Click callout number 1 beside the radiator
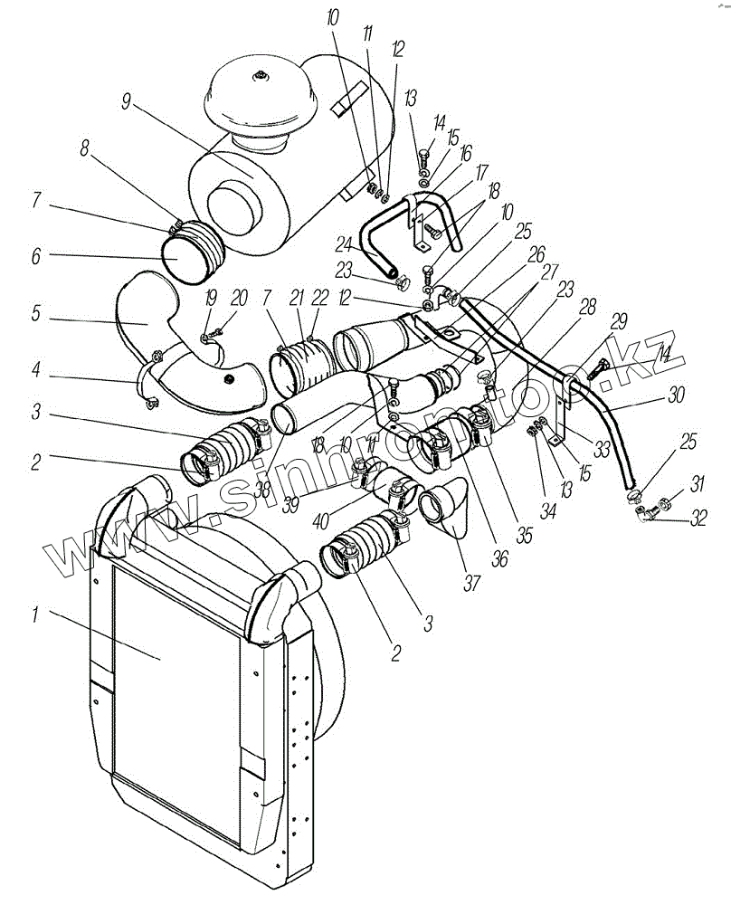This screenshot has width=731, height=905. click(34, 616)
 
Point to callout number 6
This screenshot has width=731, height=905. click(34, 256)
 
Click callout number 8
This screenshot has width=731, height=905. click(85, 148)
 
